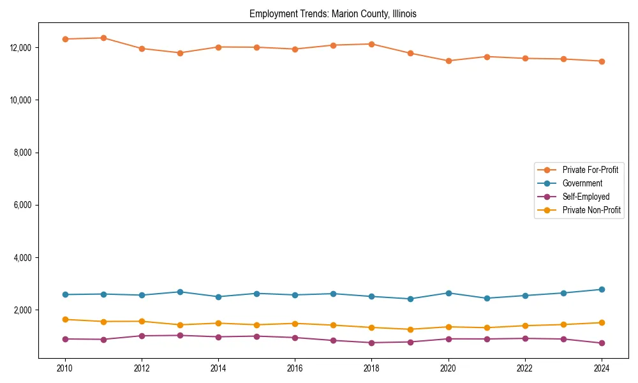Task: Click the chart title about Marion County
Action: tap(333, 13)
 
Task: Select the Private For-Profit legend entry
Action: tap(590, 170)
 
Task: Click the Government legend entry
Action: tap(582, 183)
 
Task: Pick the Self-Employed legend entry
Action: tap(586, 197)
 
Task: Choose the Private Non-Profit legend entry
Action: tap(591, 210)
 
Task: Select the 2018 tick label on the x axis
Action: tap(371, 368)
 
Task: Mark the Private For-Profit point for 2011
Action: tap(103, 38)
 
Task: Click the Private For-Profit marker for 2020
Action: tap(449, 61)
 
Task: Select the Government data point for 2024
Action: tap(602, 289)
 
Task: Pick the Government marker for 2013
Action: tap(180, 292)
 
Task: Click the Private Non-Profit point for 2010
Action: tap(64, 319)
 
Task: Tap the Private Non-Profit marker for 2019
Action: tap(410, 329)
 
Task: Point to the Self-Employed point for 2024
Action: tap(602, 343)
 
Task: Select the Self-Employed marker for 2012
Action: tap(142, 336)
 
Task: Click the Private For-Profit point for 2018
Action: tap(371, 44)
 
